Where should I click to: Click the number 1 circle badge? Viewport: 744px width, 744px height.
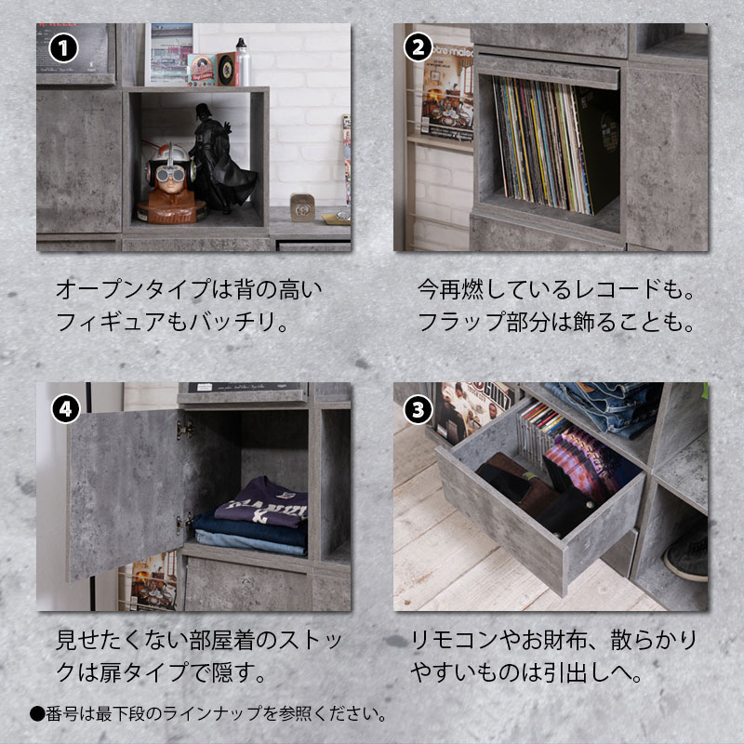coord(63,48)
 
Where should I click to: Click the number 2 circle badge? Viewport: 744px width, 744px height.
coord(418,47)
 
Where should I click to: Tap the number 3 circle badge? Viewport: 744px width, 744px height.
coord(418,410)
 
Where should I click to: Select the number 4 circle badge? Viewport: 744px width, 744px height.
coord(65,409)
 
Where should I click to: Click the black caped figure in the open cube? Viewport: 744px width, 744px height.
coord(220,159)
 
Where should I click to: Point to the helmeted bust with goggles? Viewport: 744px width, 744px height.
coord(171,183)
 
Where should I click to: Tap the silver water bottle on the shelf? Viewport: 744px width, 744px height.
coord(243,62)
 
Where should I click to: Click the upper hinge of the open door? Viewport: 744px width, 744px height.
coord(185,430)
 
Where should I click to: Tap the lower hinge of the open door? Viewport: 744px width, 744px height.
coord(184,523)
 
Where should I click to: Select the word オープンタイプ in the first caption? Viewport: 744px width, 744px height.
coord(133,289)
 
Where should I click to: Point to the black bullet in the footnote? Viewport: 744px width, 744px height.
coord(37,713)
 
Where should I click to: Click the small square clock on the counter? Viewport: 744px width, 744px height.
coord(302,207)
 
